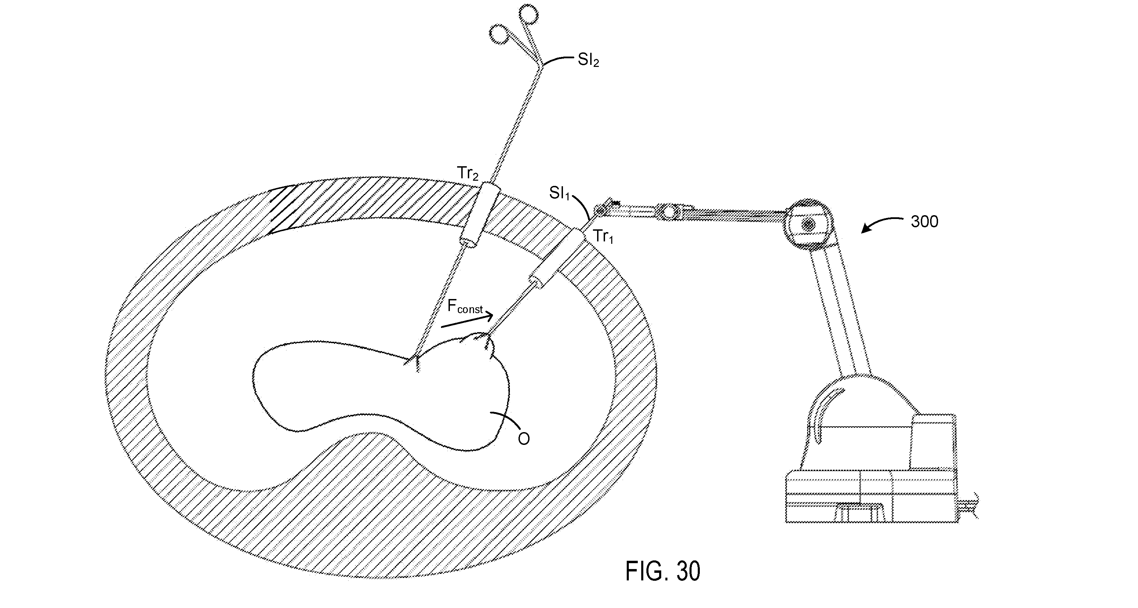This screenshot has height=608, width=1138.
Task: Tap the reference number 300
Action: tap(924, 221)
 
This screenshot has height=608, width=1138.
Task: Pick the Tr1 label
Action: tap(603, 237)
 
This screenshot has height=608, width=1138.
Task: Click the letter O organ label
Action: tap(524, 439)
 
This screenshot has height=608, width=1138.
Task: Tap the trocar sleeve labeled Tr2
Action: tap(479, 215)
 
